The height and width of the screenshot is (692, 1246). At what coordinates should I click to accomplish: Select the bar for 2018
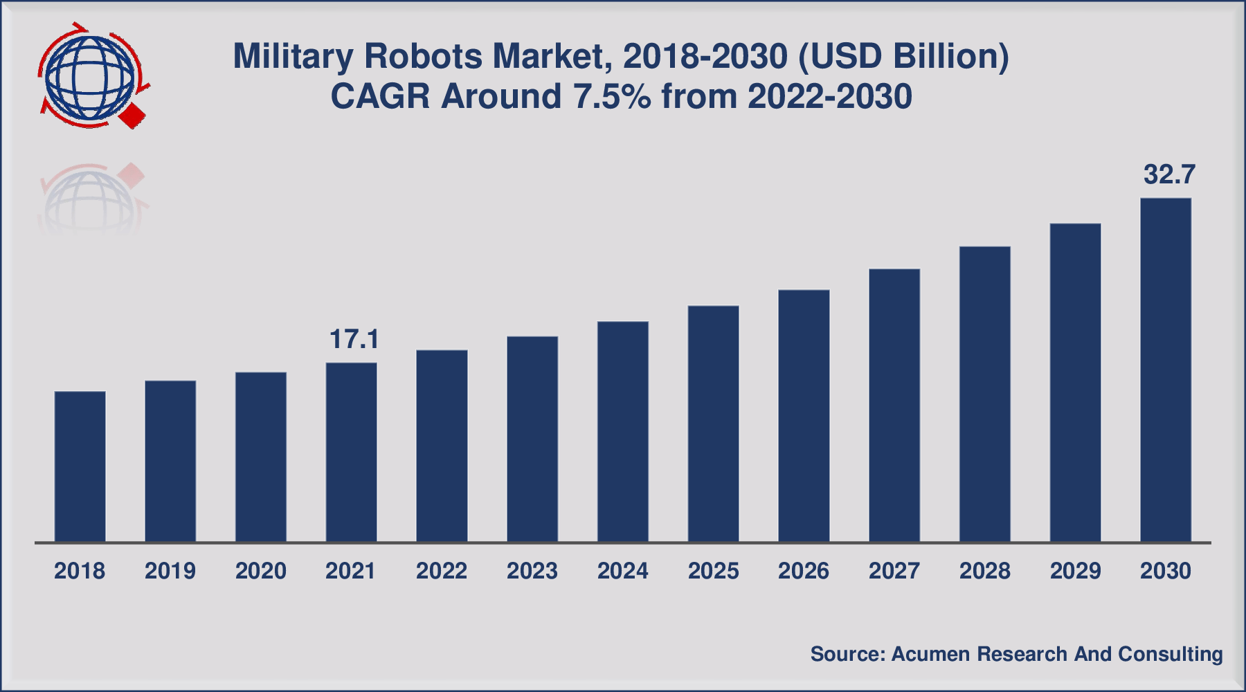(x=80, y=466)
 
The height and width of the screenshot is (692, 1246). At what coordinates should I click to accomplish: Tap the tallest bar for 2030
(x=1166, y=370)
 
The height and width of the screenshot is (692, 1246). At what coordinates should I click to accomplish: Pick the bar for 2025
(x=714, y=424)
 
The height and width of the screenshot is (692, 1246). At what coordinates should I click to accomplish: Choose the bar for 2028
(x=985, y=394)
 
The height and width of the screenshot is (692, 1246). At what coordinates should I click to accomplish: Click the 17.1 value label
(x=354, y=340)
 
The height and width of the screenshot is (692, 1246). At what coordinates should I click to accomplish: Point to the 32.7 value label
(x=1169, y=175)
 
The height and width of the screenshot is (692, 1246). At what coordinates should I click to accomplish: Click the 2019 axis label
(x=170, y=571)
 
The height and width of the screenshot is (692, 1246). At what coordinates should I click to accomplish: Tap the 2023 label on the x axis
(x=532, y=571)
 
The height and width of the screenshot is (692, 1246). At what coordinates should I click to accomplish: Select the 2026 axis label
(x=804, y=571)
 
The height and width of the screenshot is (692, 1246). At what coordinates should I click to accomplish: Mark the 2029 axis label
(x=1075, y=571)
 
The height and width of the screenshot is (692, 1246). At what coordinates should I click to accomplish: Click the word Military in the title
(x=293, y=57)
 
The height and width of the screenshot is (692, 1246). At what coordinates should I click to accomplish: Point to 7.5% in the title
(x=612, y=97)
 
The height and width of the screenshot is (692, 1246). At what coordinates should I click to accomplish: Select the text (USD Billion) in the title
(x=903, y=57)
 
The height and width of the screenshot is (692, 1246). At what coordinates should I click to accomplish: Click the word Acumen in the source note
(x=930, y=654)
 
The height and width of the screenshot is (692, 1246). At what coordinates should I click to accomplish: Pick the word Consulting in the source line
(x=1170, y=654)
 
